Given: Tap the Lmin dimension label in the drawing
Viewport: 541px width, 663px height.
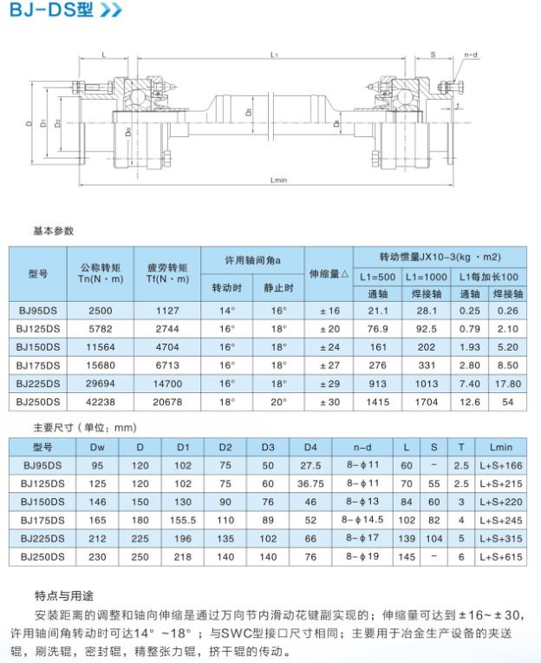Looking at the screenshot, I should tap(278, 181).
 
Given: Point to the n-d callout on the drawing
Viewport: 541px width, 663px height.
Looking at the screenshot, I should tap(471, 55).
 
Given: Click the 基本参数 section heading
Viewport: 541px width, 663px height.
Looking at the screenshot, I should tap(54, 231).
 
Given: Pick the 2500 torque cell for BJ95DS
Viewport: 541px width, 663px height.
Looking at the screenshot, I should tap(101, 310).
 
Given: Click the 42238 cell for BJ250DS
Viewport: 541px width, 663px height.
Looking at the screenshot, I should tap(101, 401).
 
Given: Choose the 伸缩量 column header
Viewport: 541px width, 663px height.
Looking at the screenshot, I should tap(329, 273).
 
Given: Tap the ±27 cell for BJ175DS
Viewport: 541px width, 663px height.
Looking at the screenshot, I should tap(329, 364).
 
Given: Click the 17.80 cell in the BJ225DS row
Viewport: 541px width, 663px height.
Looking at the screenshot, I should tap(509, 383).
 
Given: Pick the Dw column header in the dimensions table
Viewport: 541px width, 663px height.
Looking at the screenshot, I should tap(96, 447).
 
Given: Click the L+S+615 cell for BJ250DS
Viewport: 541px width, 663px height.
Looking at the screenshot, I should tap(501, 555).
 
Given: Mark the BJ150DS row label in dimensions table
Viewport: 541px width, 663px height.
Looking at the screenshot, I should tap(43, 502).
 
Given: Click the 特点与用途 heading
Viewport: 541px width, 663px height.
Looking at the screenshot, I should tap(63, 596).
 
